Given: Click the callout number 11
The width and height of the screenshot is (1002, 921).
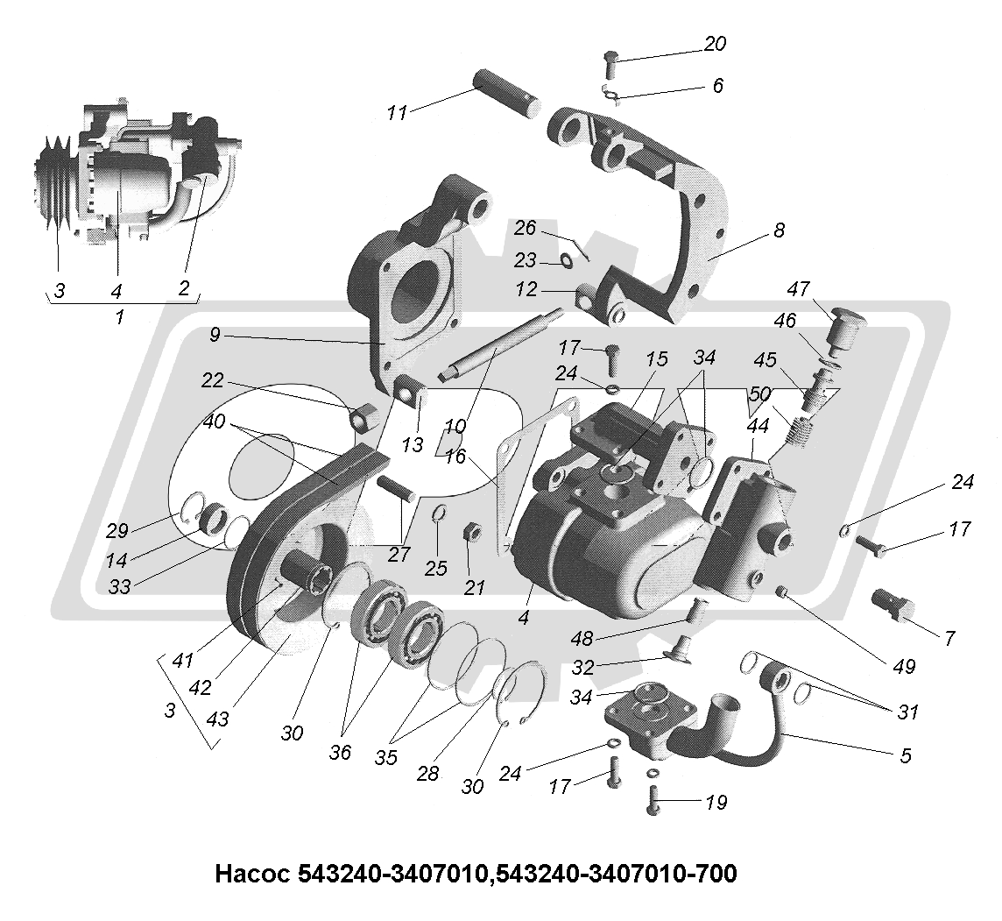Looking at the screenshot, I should tap(398, 112).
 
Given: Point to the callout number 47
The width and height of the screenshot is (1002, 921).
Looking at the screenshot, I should tap(799, 288).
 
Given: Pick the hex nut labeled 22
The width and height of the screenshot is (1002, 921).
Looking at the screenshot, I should tap(362, 417).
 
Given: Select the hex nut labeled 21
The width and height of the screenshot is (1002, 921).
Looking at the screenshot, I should tap(469, 533).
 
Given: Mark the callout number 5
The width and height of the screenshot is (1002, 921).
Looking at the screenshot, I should tap(906, 755).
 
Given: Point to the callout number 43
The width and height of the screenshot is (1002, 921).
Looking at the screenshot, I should tap(218, 719).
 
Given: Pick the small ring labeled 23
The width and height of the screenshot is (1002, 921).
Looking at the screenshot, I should tap(566, 260).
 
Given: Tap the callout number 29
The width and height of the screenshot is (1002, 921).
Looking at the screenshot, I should tap(117, 530).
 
